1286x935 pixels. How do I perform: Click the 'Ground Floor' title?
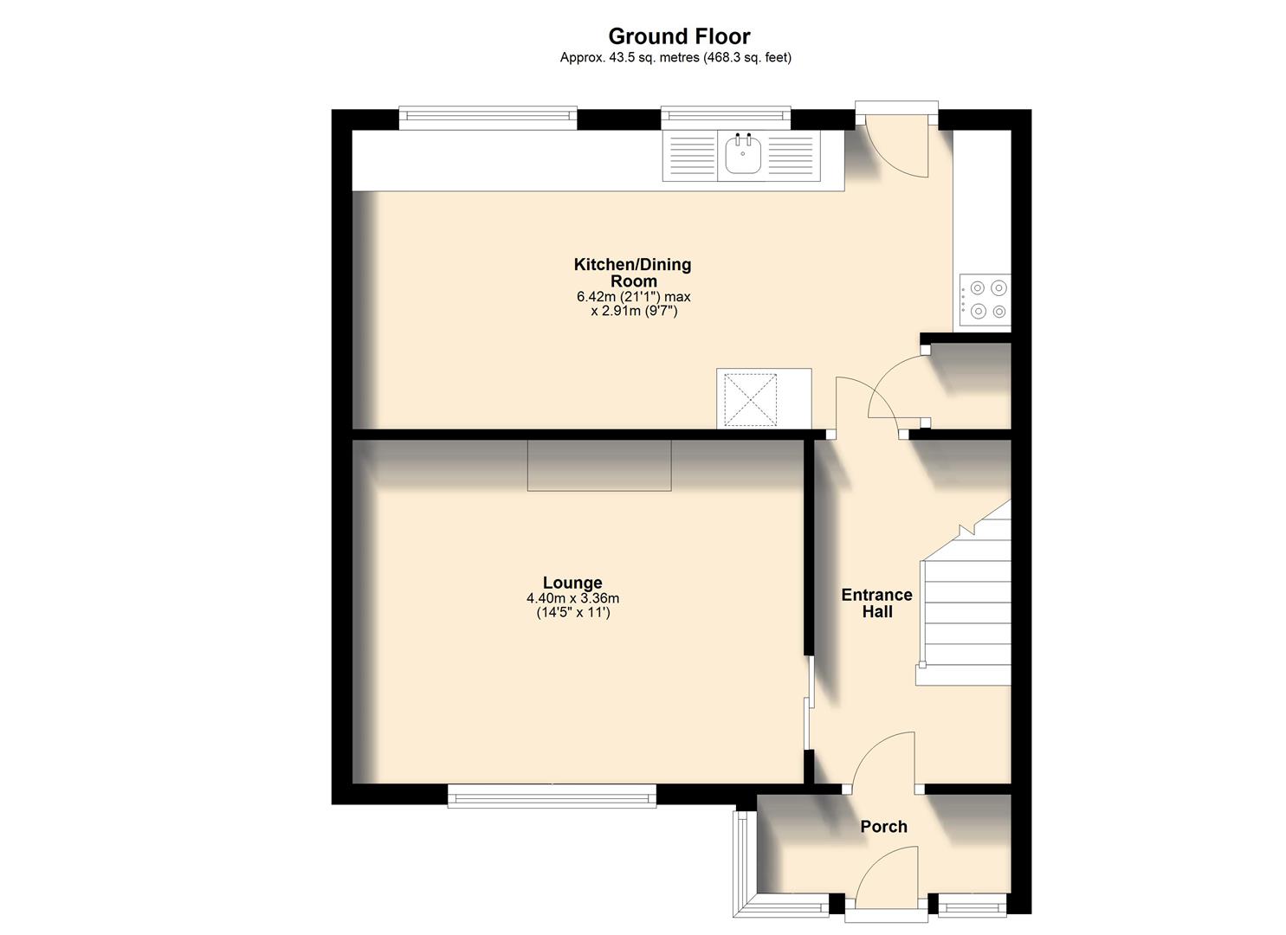[678, 36]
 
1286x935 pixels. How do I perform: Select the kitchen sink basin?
[742, 156]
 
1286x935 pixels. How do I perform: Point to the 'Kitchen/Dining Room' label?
[633, 273]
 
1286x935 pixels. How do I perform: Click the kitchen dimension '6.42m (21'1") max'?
[633, 296]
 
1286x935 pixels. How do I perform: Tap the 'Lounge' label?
[572, 583]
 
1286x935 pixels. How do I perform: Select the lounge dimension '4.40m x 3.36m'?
[572, 598]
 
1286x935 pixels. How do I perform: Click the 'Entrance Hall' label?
[876, 603]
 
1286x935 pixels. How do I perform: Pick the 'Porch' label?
[883, 827]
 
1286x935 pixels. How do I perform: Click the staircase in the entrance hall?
[966, 606]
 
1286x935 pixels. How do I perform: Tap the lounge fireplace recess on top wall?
[599, 465]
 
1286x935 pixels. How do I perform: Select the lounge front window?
[552, 796]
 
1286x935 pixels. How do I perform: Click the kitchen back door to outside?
[897, 143]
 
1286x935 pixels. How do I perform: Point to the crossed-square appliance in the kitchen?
[750, 399]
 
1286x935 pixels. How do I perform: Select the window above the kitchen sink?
[725, 117]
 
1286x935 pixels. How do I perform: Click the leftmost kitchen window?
[488, 117]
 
